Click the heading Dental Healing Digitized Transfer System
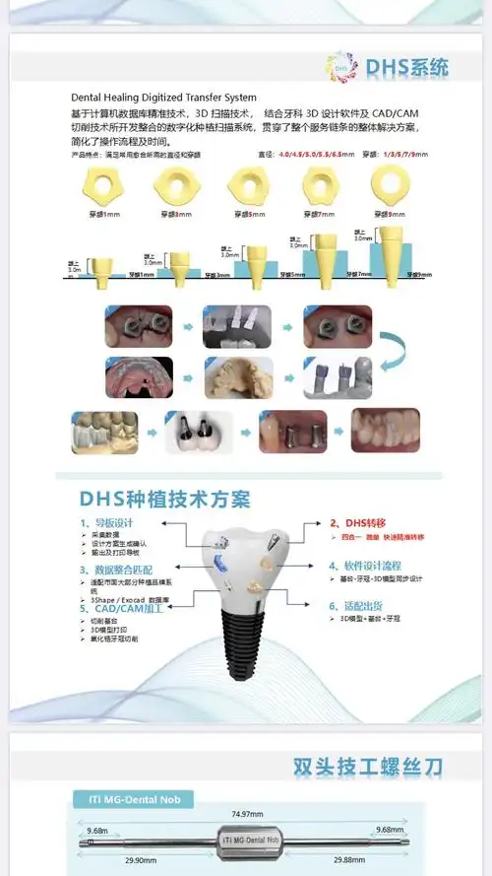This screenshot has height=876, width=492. click(x=164, y=98)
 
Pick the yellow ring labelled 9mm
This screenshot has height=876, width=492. click(x=390, y=181)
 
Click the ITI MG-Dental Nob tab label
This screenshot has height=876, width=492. click(x=134, y=798)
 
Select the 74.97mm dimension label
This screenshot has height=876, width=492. click(x=246, y=815)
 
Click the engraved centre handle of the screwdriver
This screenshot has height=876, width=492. click(x=246, y=841)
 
